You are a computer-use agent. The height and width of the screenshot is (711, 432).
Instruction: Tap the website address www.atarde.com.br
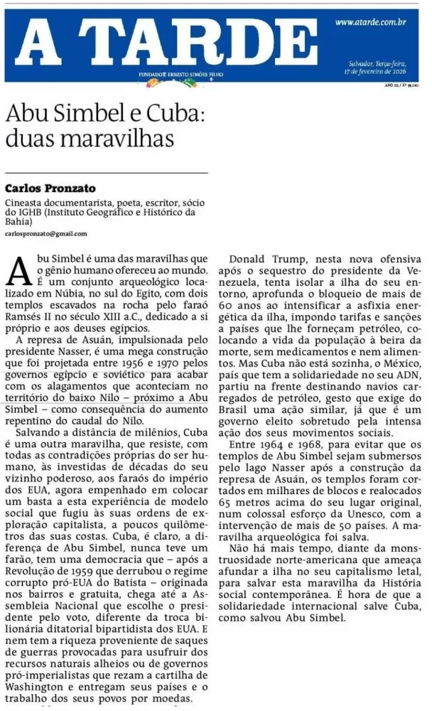click(370, 23)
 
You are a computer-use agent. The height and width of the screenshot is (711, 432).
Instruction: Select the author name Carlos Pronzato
click(50, 189)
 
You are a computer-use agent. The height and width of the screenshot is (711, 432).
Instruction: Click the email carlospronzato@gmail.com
click(46, 233)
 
